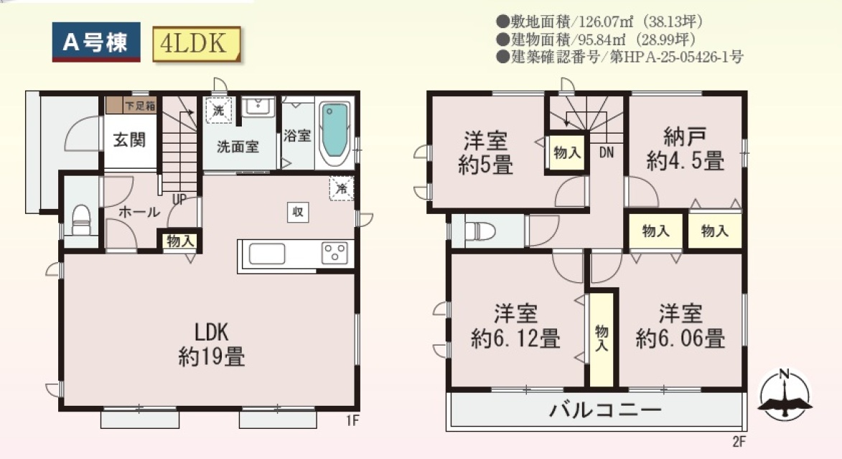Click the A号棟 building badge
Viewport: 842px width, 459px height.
point(96,42)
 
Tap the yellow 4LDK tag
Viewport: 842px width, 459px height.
point(196,44)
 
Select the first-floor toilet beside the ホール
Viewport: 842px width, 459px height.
point(81,219)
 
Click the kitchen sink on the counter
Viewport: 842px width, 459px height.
point(267,254)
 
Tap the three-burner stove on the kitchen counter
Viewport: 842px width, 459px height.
point(335,253)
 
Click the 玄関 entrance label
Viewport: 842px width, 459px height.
point(129,140)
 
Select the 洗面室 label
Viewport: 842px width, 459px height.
point(238,147)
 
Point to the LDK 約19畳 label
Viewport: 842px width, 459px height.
point(212,345)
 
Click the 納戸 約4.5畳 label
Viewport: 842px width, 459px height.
point(686,149)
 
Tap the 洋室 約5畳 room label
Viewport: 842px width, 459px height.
point(485,152)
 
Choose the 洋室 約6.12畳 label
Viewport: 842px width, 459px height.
point(515,325)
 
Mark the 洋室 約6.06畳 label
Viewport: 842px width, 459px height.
point(680,325)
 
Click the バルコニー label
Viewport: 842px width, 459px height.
point(605,411)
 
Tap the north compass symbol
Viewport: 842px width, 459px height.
point(785,396)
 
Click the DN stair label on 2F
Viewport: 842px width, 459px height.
point(607,153)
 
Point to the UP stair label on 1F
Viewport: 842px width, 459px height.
point(179,200)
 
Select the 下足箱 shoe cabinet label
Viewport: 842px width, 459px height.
point(140,106)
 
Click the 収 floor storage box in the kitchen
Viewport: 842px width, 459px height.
point(297,212)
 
